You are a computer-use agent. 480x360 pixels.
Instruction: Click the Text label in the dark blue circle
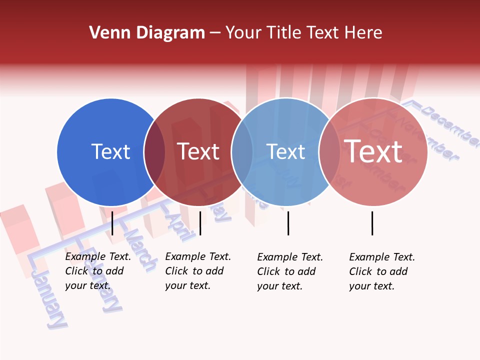click(x=110, y=151)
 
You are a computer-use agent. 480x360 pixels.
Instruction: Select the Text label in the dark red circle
click(x=198, y=151)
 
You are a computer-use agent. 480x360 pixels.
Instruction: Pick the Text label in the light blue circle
click(x=285, y=151)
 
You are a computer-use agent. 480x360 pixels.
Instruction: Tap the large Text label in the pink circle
click(x=373, y=151)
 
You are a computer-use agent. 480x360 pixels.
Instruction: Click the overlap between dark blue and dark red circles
click(x=154, y=152)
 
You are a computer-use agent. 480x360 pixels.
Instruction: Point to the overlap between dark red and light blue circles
click(x=242, y=152)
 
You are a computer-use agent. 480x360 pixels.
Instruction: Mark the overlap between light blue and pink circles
click(x=329, y=152)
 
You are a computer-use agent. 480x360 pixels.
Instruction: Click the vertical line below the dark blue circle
click(x=112, y=223)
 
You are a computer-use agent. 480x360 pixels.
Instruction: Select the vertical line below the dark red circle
click(x=200, y=223)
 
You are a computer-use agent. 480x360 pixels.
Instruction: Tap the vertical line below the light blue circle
click(x=288, y=223)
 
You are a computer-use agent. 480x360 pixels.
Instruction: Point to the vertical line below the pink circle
click(x=372, y=223)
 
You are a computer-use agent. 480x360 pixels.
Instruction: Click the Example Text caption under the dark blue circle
click(x=97, y=271)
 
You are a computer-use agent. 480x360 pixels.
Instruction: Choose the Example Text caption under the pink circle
click(x=381, y=271)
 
